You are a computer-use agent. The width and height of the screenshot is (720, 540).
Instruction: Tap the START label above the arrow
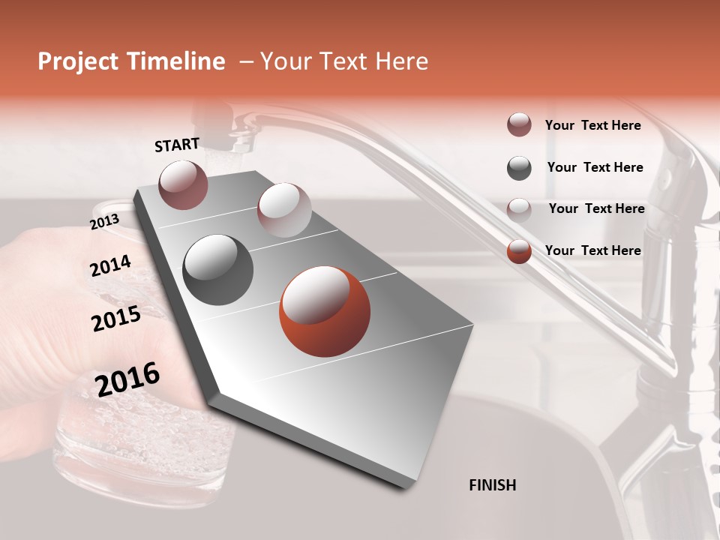(177, 145)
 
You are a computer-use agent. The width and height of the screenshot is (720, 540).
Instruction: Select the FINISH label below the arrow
(492, 485)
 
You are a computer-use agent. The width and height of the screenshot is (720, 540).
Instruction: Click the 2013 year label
(105, 221)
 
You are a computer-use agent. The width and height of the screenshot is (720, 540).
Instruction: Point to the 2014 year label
(110, 266)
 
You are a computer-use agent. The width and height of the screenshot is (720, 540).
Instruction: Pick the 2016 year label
(127, 379)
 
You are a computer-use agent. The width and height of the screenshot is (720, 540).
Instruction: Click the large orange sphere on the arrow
(325, 311)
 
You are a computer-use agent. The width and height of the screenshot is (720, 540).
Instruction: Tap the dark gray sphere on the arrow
(218, 269)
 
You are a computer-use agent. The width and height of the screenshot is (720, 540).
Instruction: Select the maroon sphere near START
(183, 184)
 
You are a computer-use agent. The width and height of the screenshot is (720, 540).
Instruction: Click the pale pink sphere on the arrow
(283, 209)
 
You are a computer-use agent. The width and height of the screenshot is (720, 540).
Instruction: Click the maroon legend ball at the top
(519, 125)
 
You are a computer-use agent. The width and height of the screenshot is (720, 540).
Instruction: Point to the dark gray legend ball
(519, 168)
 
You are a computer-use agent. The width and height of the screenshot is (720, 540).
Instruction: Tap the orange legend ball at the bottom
(519, 251)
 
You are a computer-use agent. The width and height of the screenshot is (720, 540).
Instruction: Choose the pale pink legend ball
(519, 209)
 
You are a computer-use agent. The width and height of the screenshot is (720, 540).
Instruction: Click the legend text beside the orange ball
(592, 250)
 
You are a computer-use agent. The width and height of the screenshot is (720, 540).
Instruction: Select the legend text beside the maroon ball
(592, 125)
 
